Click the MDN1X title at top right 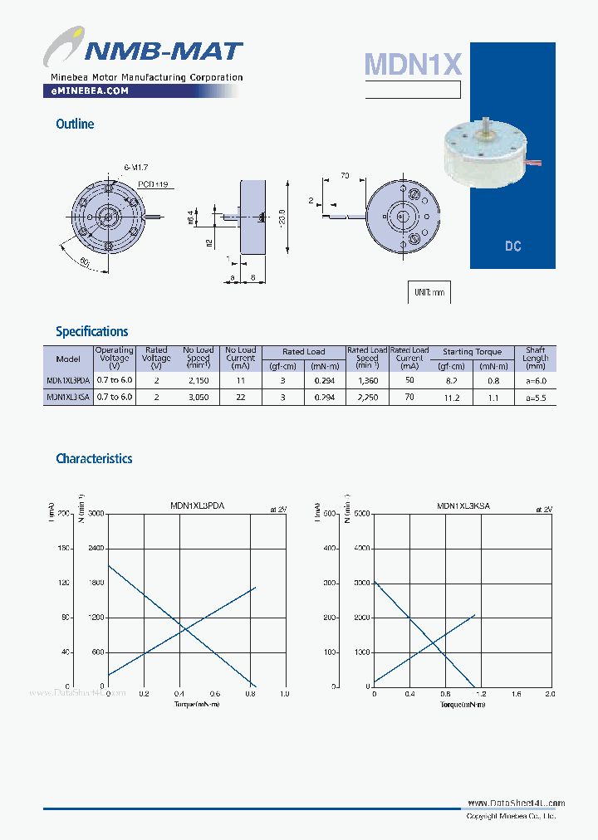point(412,64)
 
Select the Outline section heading point(75,124)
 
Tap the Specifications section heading point(91,331)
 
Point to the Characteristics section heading point(94,458)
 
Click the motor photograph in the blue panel point(486,154)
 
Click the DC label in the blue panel point(512,247)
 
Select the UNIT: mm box point(429,292)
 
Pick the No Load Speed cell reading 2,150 point(199,380)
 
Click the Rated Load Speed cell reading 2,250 point(366,398)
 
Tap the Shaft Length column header point(536,358)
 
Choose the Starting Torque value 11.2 point(452,398)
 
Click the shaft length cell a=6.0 point(536,380)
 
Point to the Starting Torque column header point(473,352)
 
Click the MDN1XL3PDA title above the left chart point(198,505)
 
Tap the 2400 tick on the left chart point(96,549)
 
